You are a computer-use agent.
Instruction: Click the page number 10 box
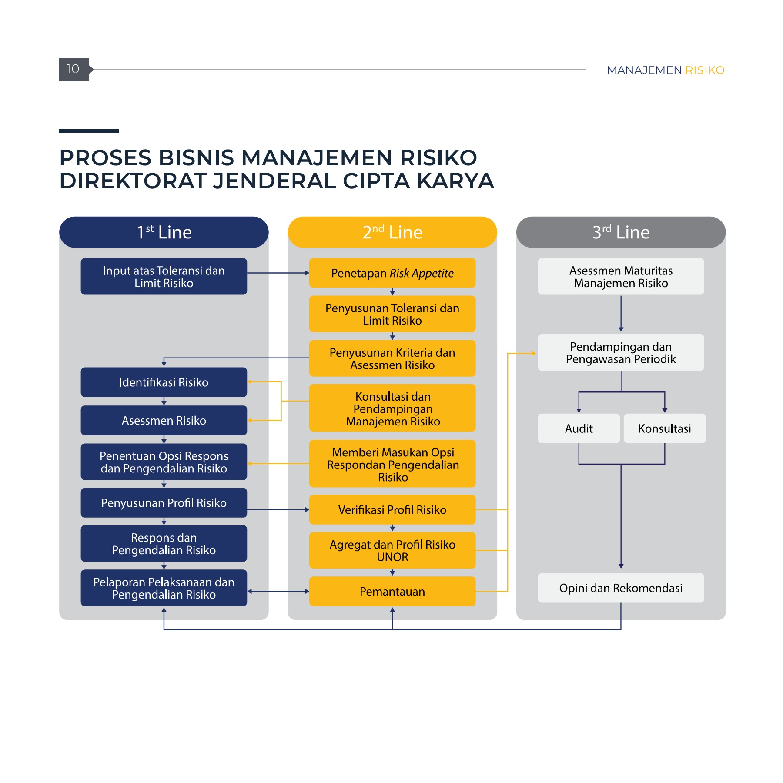coord(74,70)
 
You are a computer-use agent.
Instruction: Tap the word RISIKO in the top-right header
coord(705,70)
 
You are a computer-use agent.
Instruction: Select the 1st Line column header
coord(164,232)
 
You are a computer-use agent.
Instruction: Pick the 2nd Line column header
coord(392,232)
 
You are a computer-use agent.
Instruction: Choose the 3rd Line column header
coord(621,232)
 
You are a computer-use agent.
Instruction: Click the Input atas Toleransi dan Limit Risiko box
coord(164,277)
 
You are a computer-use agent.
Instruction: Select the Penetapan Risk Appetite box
coord(392,273)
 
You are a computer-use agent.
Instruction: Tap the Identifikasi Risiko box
coord(164,382)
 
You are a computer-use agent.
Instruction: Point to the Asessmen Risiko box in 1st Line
coord(164,421)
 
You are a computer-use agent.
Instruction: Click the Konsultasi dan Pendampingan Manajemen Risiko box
coord(392,408)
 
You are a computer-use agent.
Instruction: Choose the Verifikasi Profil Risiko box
coord(392,510)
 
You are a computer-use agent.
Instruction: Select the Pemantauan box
coord(392,592)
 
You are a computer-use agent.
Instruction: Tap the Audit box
coord(579,428)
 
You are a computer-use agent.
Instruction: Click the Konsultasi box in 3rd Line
coord(664,428)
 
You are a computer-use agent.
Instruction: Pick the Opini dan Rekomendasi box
coord(621,588)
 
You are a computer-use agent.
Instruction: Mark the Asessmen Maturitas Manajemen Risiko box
coord(621,277)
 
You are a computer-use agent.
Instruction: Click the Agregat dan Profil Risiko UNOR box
coord(392,551)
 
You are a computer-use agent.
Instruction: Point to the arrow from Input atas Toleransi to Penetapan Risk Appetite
coord(278,273)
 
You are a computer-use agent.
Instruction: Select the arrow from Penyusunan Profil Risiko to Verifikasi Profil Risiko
coord(278,510)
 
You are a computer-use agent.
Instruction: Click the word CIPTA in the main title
coord(376,181)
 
